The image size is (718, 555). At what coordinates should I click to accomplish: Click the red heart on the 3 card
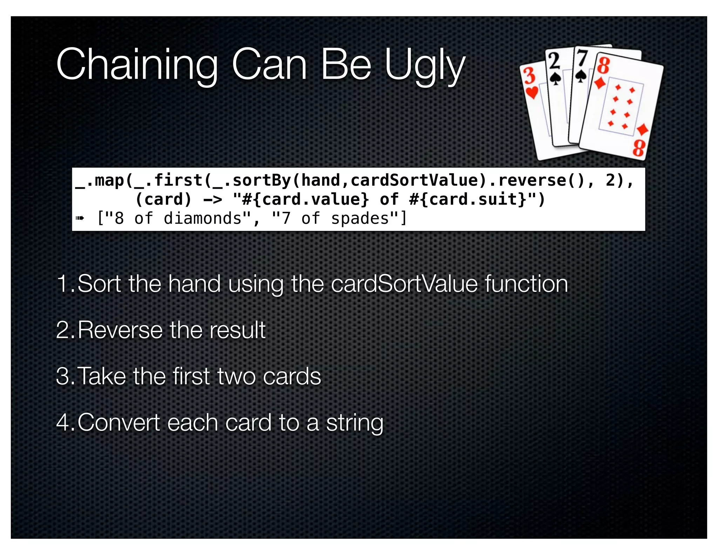(x=532, y=93)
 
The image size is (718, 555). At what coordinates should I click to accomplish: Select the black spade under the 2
(x=555, y=78)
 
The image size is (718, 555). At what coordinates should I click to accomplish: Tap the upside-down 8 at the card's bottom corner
(x=639, y=148)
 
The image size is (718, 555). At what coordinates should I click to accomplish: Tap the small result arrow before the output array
(x=80, y=219)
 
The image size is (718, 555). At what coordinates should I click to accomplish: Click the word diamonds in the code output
(x=203, y=219)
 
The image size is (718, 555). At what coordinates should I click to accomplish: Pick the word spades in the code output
(x=360, y=219)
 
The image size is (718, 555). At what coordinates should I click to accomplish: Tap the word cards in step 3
(x=292, y=376)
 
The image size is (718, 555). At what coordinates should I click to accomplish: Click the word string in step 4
(x=355, y=422)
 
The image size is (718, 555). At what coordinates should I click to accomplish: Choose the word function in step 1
(x=526, y=283)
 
